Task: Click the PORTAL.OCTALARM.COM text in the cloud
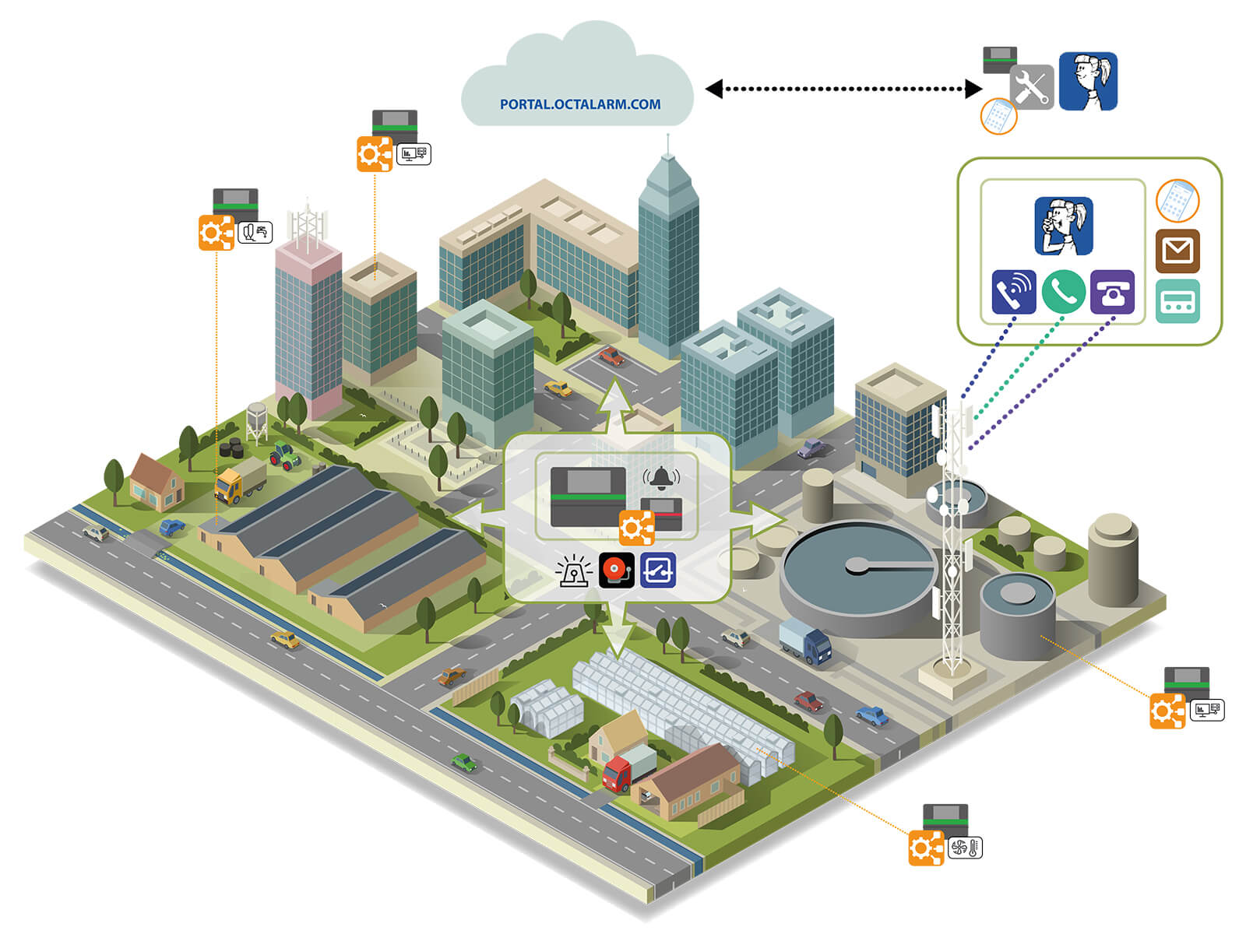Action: coord(579,104)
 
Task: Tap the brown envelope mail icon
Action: coord(1177,251)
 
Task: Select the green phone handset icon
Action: coord(1063,291)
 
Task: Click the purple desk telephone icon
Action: coord(1112,292)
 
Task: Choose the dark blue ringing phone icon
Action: coord(1013,292)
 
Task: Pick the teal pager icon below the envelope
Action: coord(1177,301)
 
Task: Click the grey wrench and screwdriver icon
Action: coord(1031,86)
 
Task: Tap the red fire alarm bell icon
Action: coord(616,570)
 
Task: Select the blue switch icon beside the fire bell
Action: coord(658,570)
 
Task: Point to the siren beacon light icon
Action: coord(574,571)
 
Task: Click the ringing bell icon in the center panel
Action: coord(661,478)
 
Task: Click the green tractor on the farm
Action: coord(285,455)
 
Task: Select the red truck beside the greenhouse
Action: coord(629,767)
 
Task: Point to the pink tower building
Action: coord(308,323)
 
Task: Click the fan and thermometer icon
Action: coord(965,848)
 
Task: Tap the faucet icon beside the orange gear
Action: coord(255,232)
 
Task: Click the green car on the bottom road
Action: coord(464,763)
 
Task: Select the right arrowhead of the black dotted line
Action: coord(973,89)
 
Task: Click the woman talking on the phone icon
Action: coord(1063,226)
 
